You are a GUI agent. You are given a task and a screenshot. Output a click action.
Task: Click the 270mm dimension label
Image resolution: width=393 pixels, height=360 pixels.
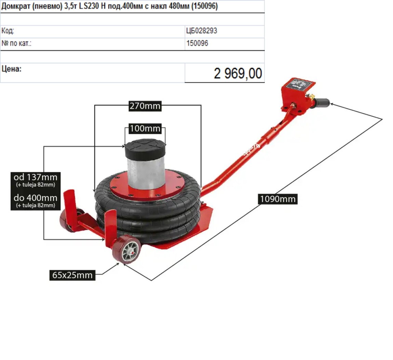tap(145, 106)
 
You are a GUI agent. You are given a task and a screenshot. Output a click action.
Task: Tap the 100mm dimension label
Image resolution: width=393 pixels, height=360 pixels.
tap(145, 128)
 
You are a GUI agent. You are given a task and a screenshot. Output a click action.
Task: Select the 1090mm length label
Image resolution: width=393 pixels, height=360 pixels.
tap(278, 199)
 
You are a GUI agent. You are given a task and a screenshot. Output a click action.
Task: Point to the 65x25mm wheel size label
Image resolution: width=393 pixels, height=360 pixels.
tap(72, 275)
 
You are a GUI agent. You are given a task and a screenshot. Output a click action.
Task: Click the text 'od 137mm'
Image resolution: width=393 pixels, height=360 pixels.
tap(36, 177)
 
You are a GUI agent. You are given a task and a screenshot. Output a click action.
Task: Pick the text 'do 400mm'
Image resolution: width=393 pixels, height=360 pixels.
tap(36, 198)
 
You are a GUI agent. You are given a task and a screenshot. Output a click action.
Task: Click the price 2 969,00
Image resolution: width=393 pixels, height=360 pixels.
tap(238, 73)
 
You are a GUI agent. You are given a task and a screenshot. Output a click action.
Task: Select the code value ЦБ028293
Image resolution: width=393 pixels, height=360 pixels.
tap(202, 31)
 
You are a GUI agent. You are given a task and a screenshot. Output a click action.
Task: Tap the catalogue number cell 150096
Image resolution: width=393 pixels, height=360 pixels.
tap(197, 43)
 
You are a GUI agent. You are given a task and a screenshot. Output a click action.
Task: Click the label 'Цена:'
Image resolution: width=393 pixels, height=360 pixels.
tap(12, 69)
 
